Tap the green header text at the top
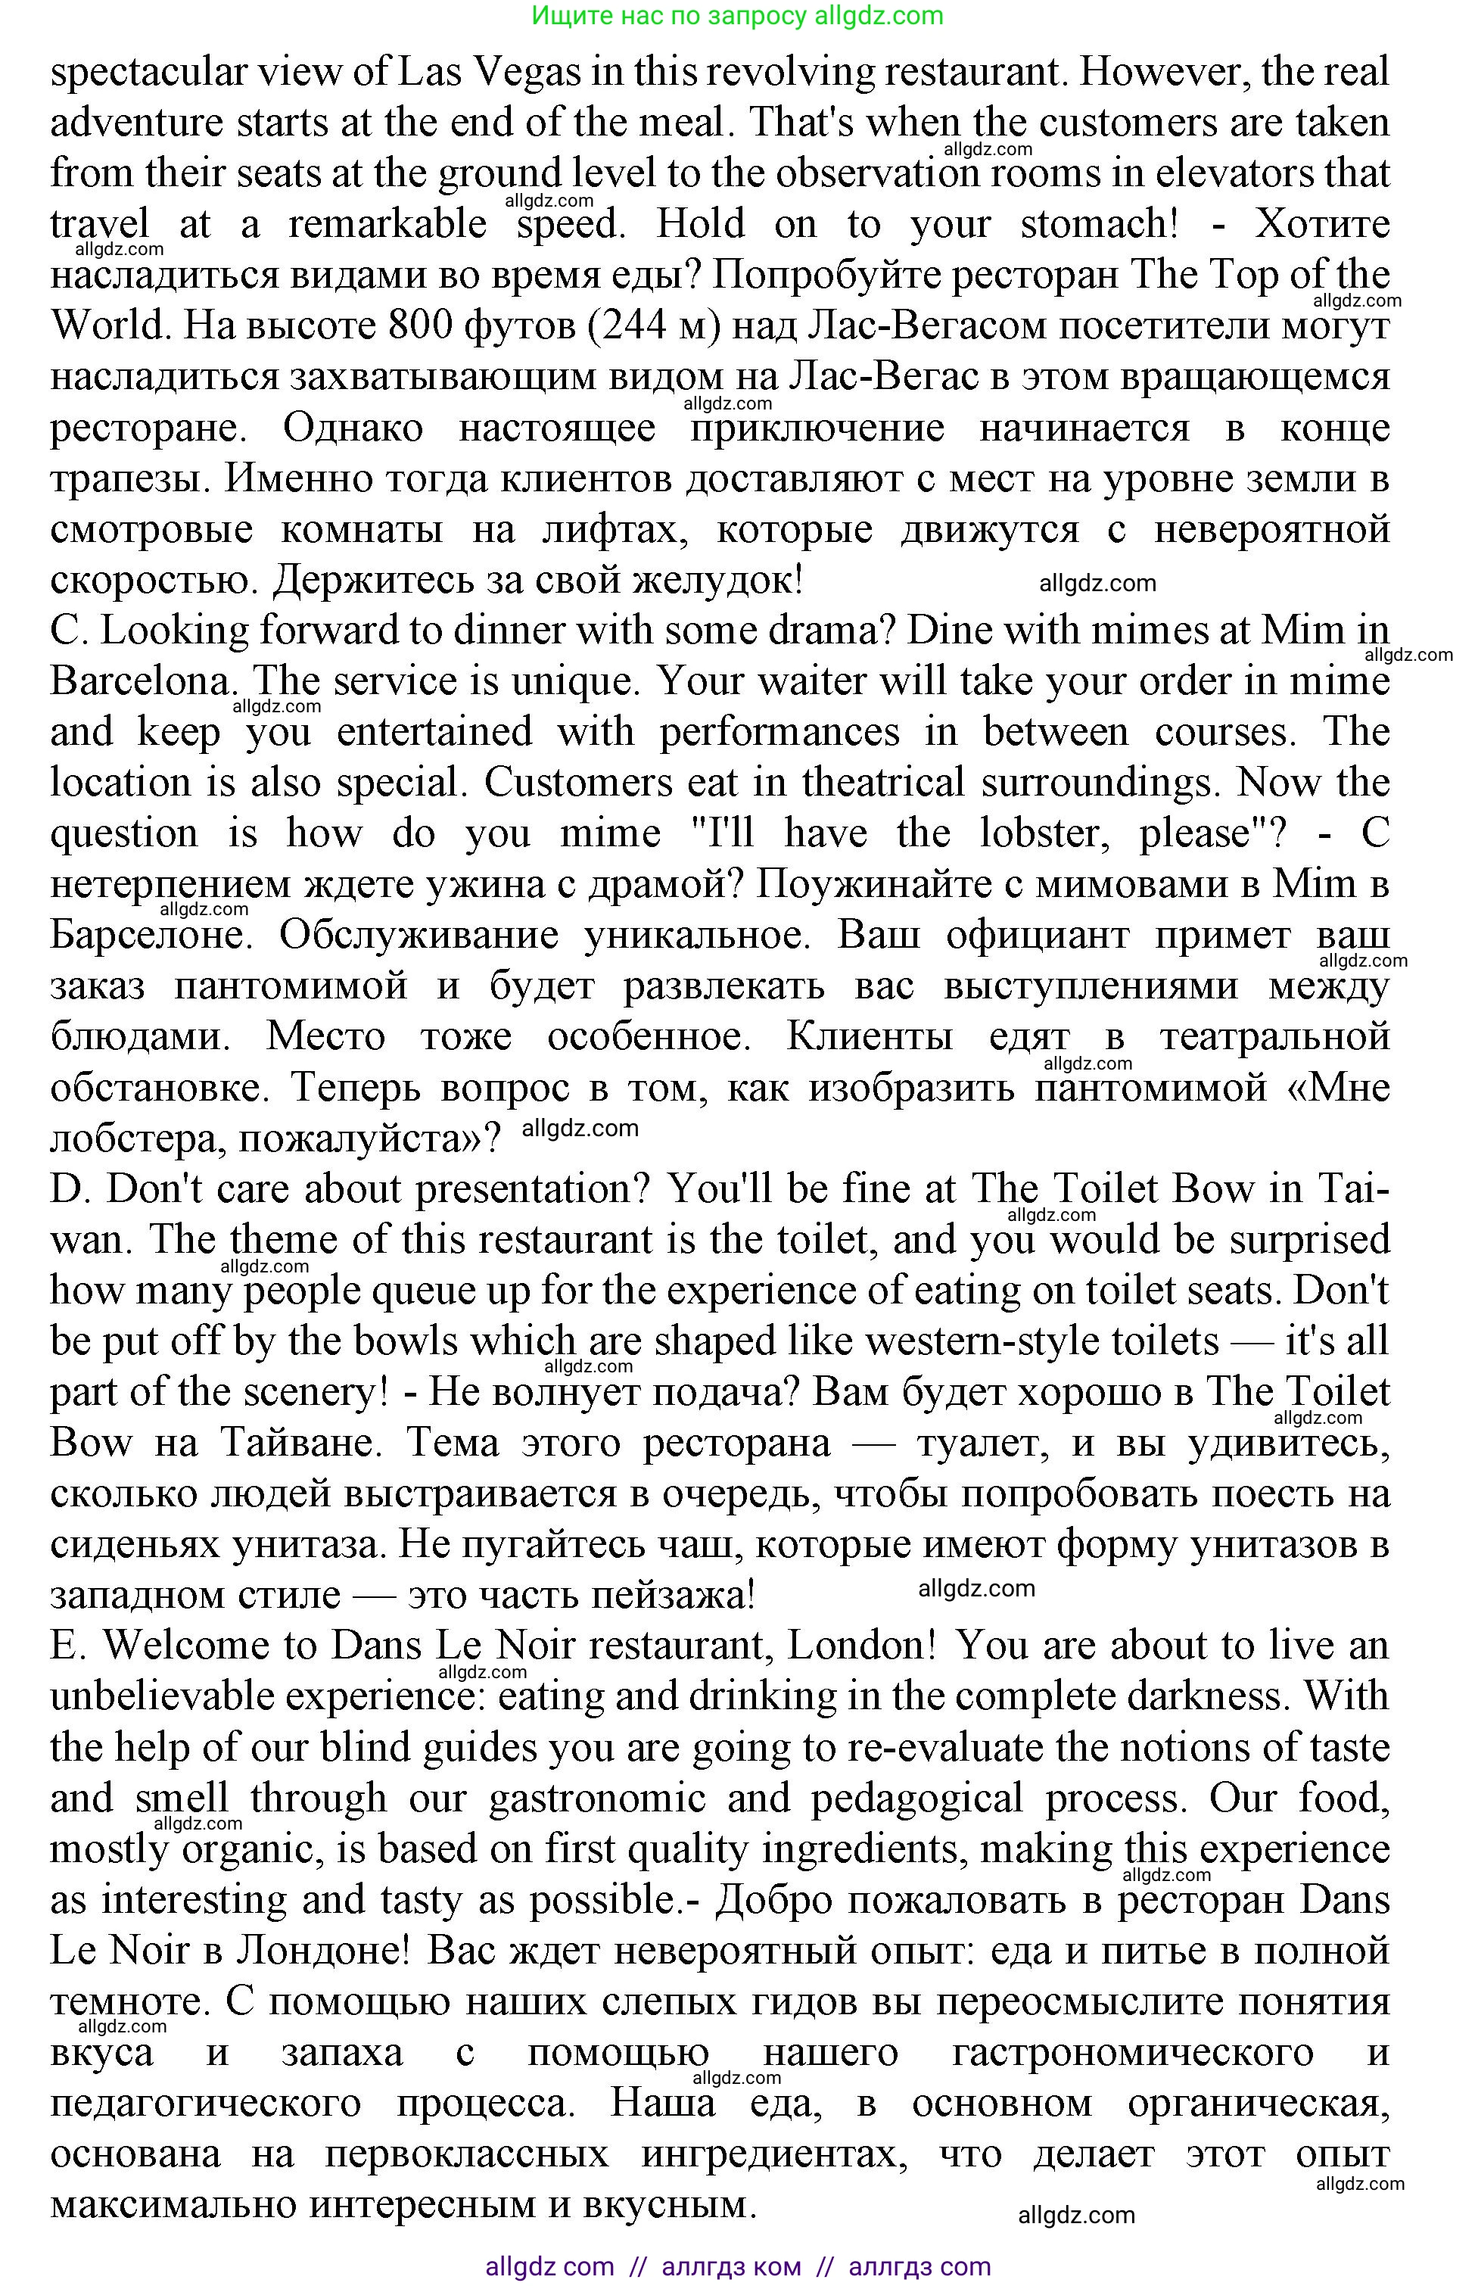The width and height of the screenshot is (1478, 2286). pos(737,15)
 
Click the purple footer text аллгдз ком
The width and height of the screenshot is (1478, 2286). pos(731,2267)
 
